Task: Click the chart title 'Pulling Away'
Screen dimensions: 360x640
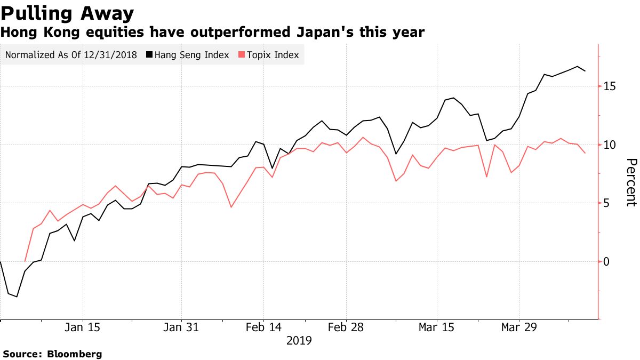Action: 67,12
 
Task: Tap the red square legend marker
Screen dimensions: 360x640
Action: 241,55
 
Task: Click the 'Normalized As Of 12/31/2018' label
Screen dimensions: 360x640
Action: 71,55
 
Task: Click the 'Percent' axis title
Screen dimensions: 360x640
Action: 630,182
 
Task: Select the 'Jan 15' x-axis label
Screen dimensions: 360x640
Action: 83,327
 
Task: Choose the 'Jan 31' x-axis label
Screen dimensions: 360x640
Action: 181,327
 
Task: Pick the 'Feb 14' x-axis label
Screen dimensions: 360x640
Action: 263,327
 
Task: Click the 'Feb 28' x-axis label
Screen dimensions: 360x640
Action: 346,327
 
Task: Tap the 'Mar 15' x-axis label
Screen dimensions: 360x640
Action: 437,327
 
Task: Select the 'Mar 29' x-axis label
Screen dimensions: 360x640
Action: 519,327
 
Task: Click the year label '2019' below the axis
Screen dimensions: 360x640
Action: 299,340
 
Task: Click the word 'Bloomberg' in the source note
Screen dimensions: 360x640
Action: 75,354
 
